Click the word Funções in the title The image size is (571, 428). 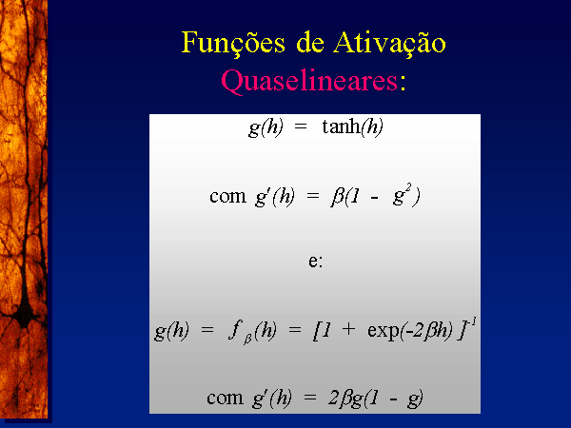click(x=233, y=44)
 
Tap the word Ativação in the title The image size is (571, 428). click(x=389, y=44)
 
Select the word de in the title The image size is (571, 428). click(x=310, y=43)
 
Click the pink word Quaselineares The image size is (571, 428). click(x=309, y=81)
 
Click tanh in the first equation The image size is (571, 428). click(x=342, y=126)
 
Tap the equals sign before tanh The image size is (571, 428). click(x=301, y=127)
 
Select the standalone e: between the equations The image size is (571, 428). click(x=315, y=262)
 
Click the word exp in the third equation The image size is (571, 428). click(x=384, y=331)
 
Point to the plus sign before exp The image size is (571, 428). click(x=348, y=329)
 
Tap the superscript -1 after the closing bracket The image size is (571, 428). click(x=473, y=322)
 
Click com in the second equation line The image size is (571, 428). click(x=227, y=197)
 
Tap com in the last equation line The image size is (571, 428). click(x=225, y=398)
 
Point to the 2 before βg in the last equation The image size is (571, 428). click(x=333, y=398)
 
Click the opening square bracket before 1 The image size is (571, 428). click(x=317, y=331)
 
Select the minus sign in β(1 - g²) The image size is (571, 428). click(x=374, y=199)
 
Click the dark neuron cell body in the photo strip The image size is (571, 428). click(x=24, y=313)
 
